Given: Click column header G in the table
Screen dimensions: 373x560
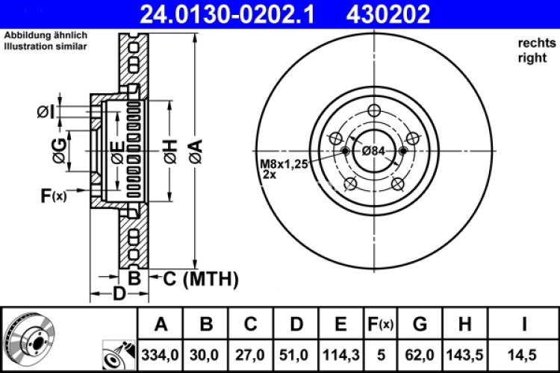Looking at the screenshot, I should click(x=420, y=324).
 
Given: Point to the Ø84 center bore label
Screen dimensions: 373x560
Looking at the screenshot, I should click(x=373, y=151).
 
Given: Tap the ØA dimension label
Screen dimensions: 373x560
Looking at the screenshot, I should click(x=195, y=151).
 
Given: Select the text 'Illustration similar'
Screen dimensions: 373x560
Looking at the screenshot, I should click(x=46, y=46).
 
